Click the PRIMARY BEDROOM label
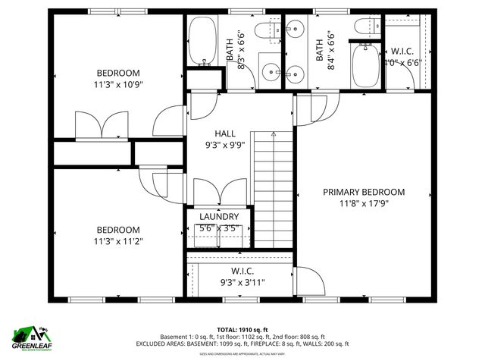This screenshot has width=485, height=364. click(x=364, y=192)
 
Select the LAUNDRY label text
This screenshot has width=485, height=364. click(x=219, y=216)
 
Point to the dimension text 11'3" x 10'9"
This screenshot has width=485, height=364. click(x=118, y=86)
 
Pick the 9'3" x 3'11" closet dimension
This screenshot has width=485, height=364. click(x=242, y=282)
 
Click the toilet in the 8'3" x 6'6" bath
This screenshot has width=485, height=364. click(x=264, y=31)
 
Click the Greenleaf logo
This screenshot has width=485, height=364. click(x=31, y=338)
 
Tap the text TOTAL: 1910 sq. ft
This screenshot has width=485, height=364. click(x=242, y=329)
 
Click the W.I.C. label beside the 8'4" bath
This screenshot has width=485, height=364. click(x=402, y=52)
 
